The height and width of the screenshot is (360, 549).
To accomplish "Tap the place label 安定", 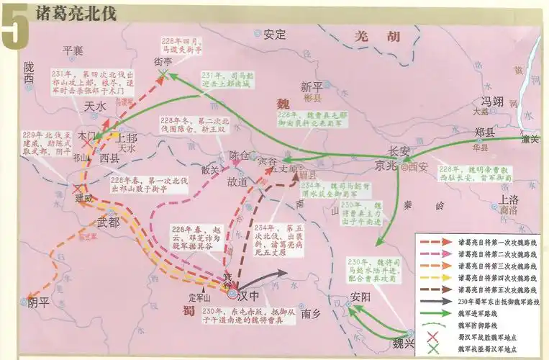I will (274, 34).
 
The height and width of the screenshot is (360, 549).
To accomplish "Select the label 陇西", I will (28, 72).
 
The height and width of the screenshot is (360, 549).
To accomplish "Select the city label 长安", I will (399, 152).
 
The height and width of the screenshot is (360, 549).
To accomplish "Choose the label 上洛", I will (509, 199).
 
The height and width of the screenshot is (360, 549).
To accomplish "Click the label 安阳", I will (360, 297).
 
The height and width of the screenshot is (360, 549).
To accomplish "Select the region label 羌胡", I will (373, 37).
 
